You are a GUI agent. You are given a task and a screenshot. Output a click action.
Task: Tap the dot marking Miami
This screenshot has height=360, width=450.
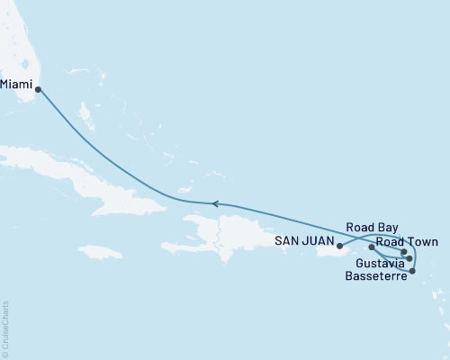pos(37,89)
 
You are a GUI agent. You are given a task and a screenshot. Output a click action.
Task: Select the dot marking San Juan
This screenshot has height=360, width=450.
pos(339,244)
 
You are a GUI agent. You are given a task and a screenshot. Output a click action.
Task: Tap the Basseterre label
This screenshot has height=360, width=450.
pos(373,275)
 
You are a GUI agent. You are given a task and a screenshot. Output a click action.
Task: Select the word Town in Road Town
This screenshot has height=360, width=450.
pos(421,243)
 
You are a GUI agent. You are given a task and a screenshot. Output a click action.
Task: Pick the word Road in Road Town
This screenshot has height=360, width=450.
pos(391,243)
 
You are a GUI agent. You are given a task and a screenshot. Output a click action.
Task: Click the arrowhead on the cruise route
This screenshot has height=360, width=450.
pos(214,203)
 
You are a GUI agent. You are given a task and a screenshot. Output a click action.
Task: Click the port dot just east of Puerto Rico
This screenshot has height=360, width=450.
pos(372,247)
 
